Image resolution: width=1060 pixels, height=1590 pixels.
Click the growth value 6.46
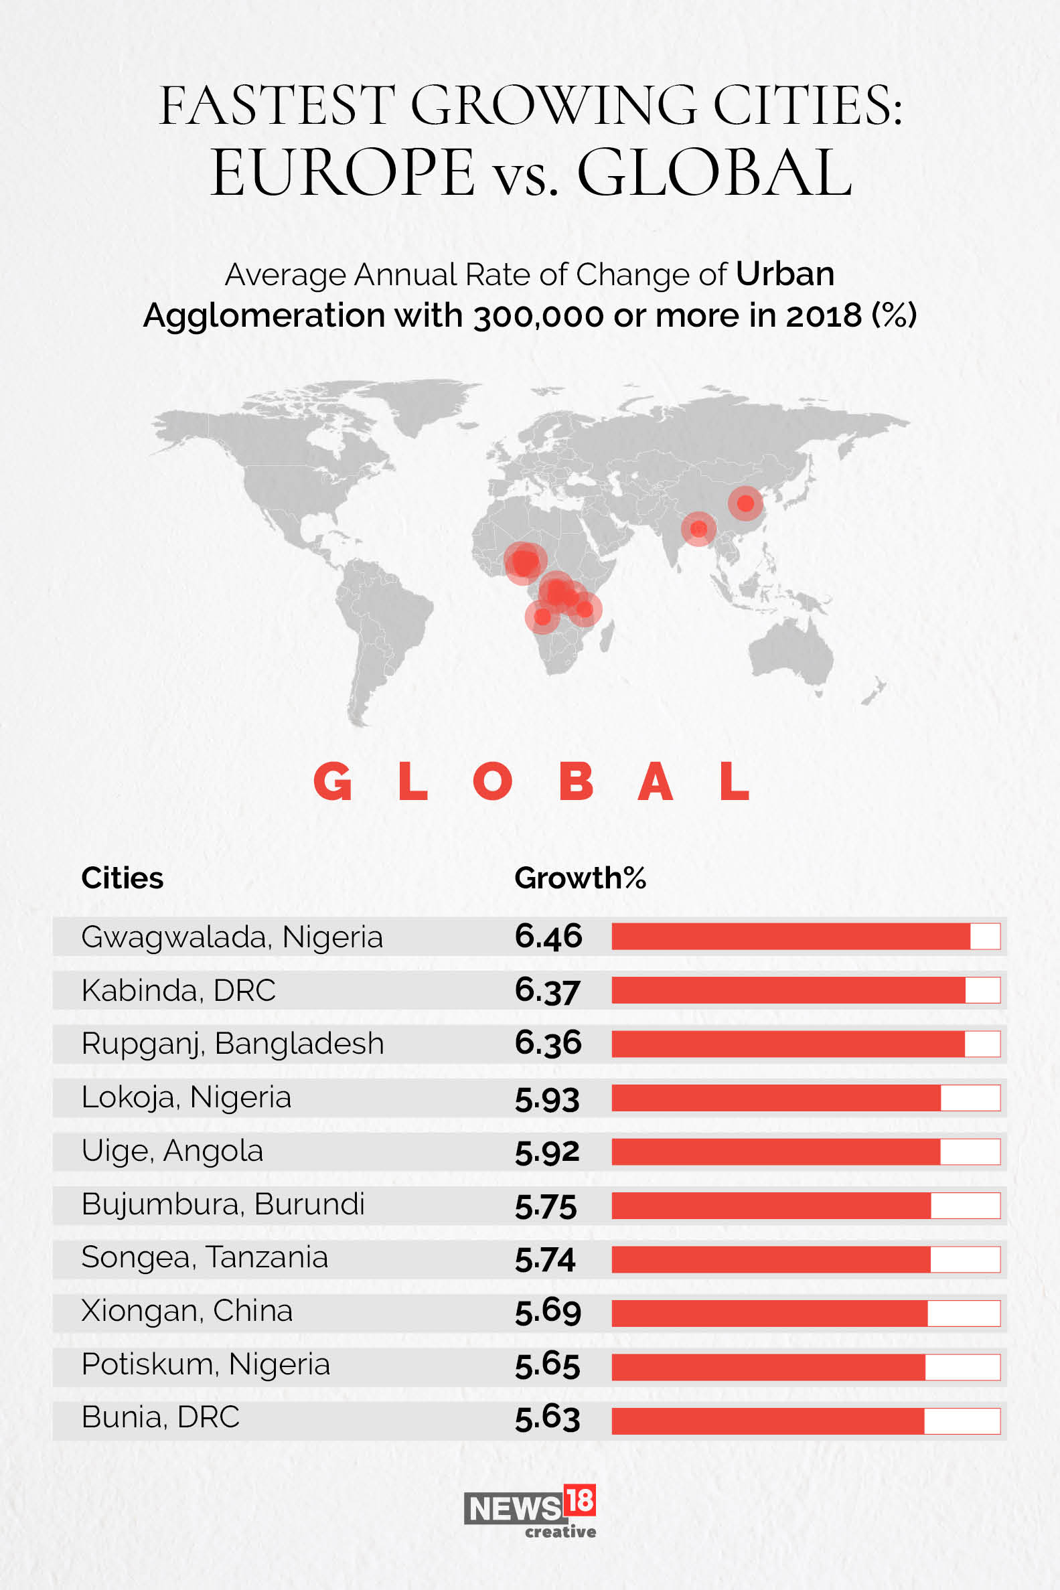click(x=548, y=937)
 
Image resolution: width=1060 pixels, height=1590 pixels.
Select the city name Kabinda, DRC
click(x=179, y=991)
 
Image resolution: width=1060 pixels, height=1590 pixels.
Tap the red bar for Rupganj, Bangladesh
click(x=787, y=1044)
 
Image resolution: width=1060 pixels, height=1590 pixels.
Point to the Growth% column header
click(x=579, y=878)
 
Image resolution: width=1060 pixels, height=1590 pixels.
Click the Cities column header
click(x=123, y=878)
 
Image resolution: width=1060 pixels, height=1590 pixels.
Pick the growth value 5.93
click(x=547, y=1098)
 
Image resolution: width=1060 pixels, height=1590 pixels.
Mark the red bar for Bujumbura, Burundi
click(x=771, y=1206)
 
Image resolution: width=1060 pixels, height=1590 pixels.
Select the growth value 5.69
click(x=548, y=1311)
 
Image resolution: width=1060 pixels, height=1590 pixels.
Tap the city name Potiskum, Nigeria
click(x=206, y=1364)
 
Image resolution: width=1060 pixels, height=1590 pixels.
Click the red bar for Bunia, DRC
click(x=767, y=1421)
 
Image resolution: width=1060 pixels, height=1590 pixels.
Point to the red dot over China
click(x=745, y=503)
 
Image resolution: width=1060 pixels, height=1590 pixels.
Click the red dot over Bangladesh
click(x=698, y=528)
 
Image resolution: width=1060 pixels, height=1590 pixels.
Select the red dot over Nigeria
click(x=524, y=562)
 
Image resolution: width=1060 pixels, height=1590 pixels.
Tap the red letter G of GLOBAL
click(x=333, y=781)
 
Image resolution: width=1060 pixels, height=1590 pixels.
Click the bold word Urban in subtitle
click(x=785, y=274)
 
